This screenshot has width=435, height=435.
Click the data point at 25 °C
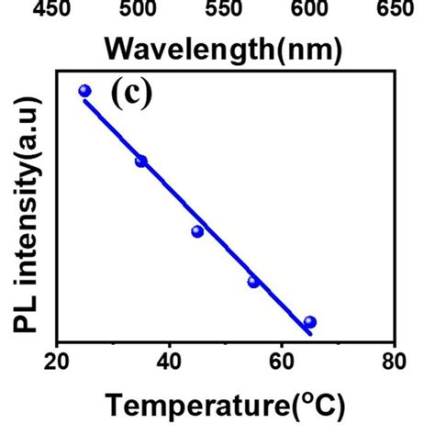(85, 91)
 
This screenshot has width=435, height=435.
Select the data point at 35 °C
(141, 162)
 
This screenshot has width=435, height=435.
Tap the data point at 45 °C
(197, 231)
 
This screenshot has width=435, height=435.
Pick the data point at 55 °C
(253, 282)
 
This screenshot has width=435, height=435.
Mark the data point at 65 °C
(310, 322)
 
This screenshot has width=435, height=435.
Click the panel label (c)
(130, 94)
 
